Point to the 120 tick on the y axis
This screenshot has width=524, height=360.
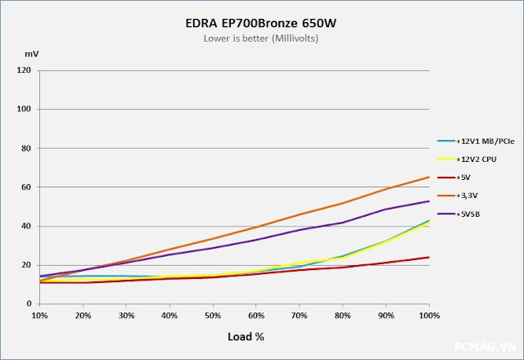(x=24, y=70)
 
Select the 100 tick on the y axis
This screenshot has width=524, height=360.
(x=24, y=109)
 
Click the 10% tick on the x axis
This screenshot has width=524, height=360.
(x=39, y=315)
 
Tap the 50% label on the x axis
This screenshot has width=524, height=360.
(x=212, y=315)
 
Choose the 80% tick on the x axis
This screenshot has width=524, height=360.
(x=341, y=315)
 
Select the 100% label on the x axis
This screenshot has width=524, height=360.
(x=428, y=315)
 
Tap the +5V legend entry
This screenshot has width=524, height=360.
(x=465, y=177)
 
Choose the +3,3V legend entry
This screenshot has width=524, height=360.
(x=468, y=196)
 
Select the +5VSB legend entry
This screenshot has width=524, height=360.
(x=468, y=214)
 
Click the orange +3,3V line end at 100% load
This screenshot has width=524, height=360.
(x=428, y=177)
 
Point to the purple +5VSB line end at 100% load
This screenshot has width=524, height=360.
(x=428, y=201)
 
